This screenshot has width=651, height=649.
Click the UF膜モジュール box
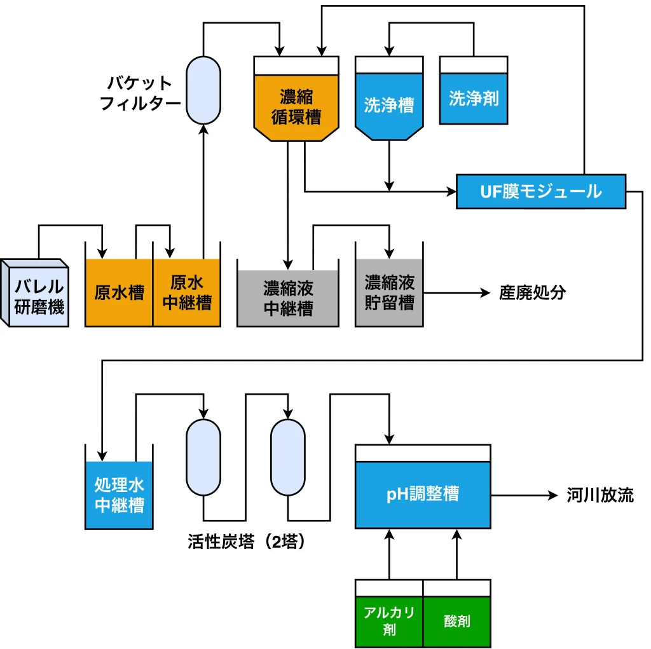coord(541,191)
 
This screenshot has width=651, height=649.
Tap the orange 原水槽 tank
coord(119,292)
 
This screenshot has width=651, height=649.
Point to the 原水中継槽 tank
coord(187,292)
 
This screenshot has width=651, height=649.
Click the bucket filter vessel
coord(203,90)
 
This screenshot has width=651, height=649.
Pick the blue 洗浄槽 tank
coord(388,104)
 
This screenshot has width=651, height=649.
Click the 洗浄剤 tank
coord(474,98)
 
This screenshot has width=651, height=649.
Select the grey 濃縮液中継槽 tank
coord(287,297)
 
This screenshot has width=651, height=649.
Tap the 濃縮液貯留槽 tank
coord(389,292)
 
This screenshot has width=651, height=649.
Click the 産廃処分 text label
coord(532,293)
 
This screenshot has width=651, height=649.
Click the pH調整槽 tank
coord(423,494)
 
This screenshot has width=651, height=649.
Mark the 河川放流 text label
coord(600,495)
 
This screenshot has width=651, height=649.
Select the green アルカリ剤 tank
coord(389,620)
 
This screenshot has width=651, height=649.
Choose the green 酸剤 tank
coord(457,620)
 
